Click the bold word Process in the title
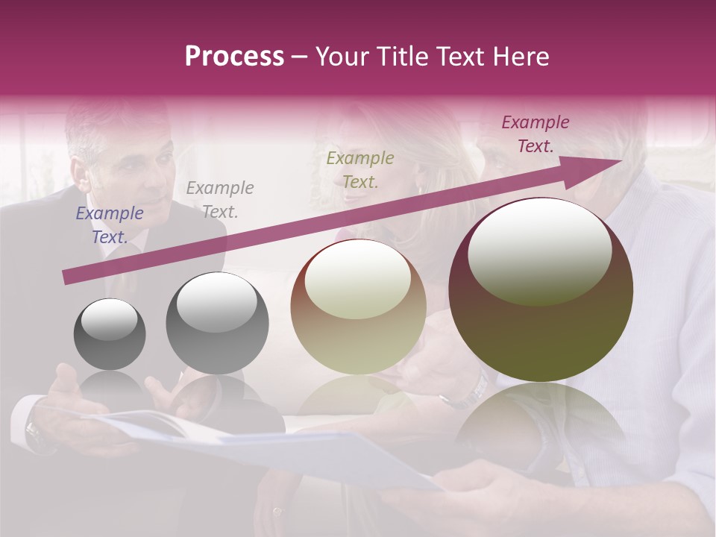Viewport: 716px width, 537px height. (234, 57)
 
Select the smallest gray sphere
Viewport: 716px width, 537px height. (110, 334)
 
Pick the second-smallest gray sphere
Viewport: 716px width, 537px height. (217, 323)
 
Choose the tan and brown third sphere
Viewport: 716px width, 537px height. (358, 307)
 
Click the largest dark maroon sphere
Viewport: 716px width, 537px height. (541, 289)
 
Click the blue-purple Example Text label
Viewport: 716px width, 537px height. (110, 225)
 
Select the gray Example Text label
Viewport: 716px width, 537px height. (220, 200)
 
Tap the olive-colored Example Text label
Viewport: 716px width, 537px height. (360, 169)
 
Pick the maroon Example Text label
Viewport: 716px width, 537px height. (536, 134)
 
